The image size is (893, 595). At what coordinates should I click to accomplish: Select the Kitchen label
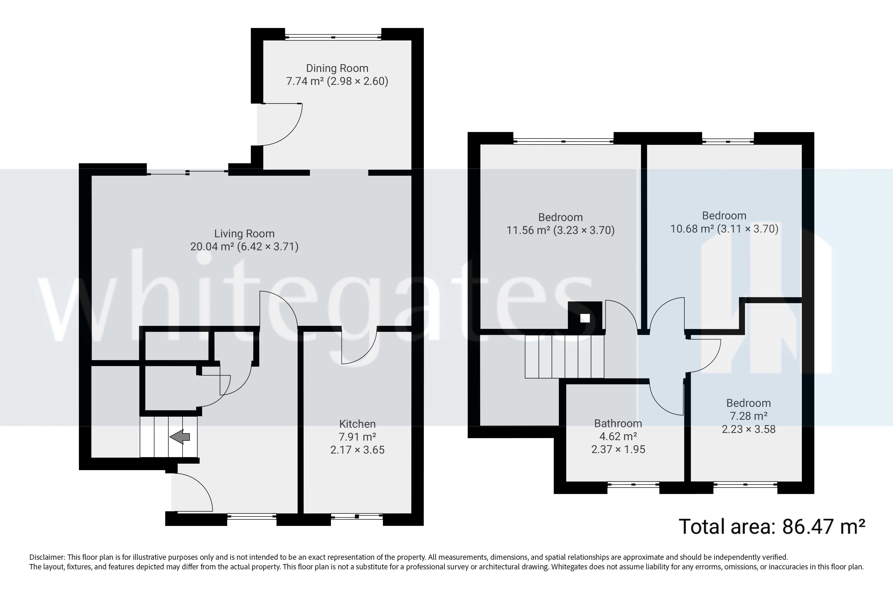(357, 424)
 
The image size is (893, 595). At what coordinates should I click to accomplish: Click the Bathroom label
(618, 424)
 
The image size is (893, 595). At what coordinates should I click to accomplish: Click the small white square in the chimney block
(585, 318)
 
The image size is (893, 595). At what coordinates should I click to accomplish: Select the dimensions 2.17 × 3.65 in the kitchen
(357, 450)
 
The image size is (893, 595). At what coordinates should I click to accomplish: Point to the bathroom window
(633, 484)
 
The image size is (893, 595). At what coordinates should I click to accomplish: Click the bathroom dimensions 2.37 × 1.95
(618, 450)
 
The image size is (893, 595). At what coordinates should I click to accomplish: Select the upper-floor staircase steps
(564, 357)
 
